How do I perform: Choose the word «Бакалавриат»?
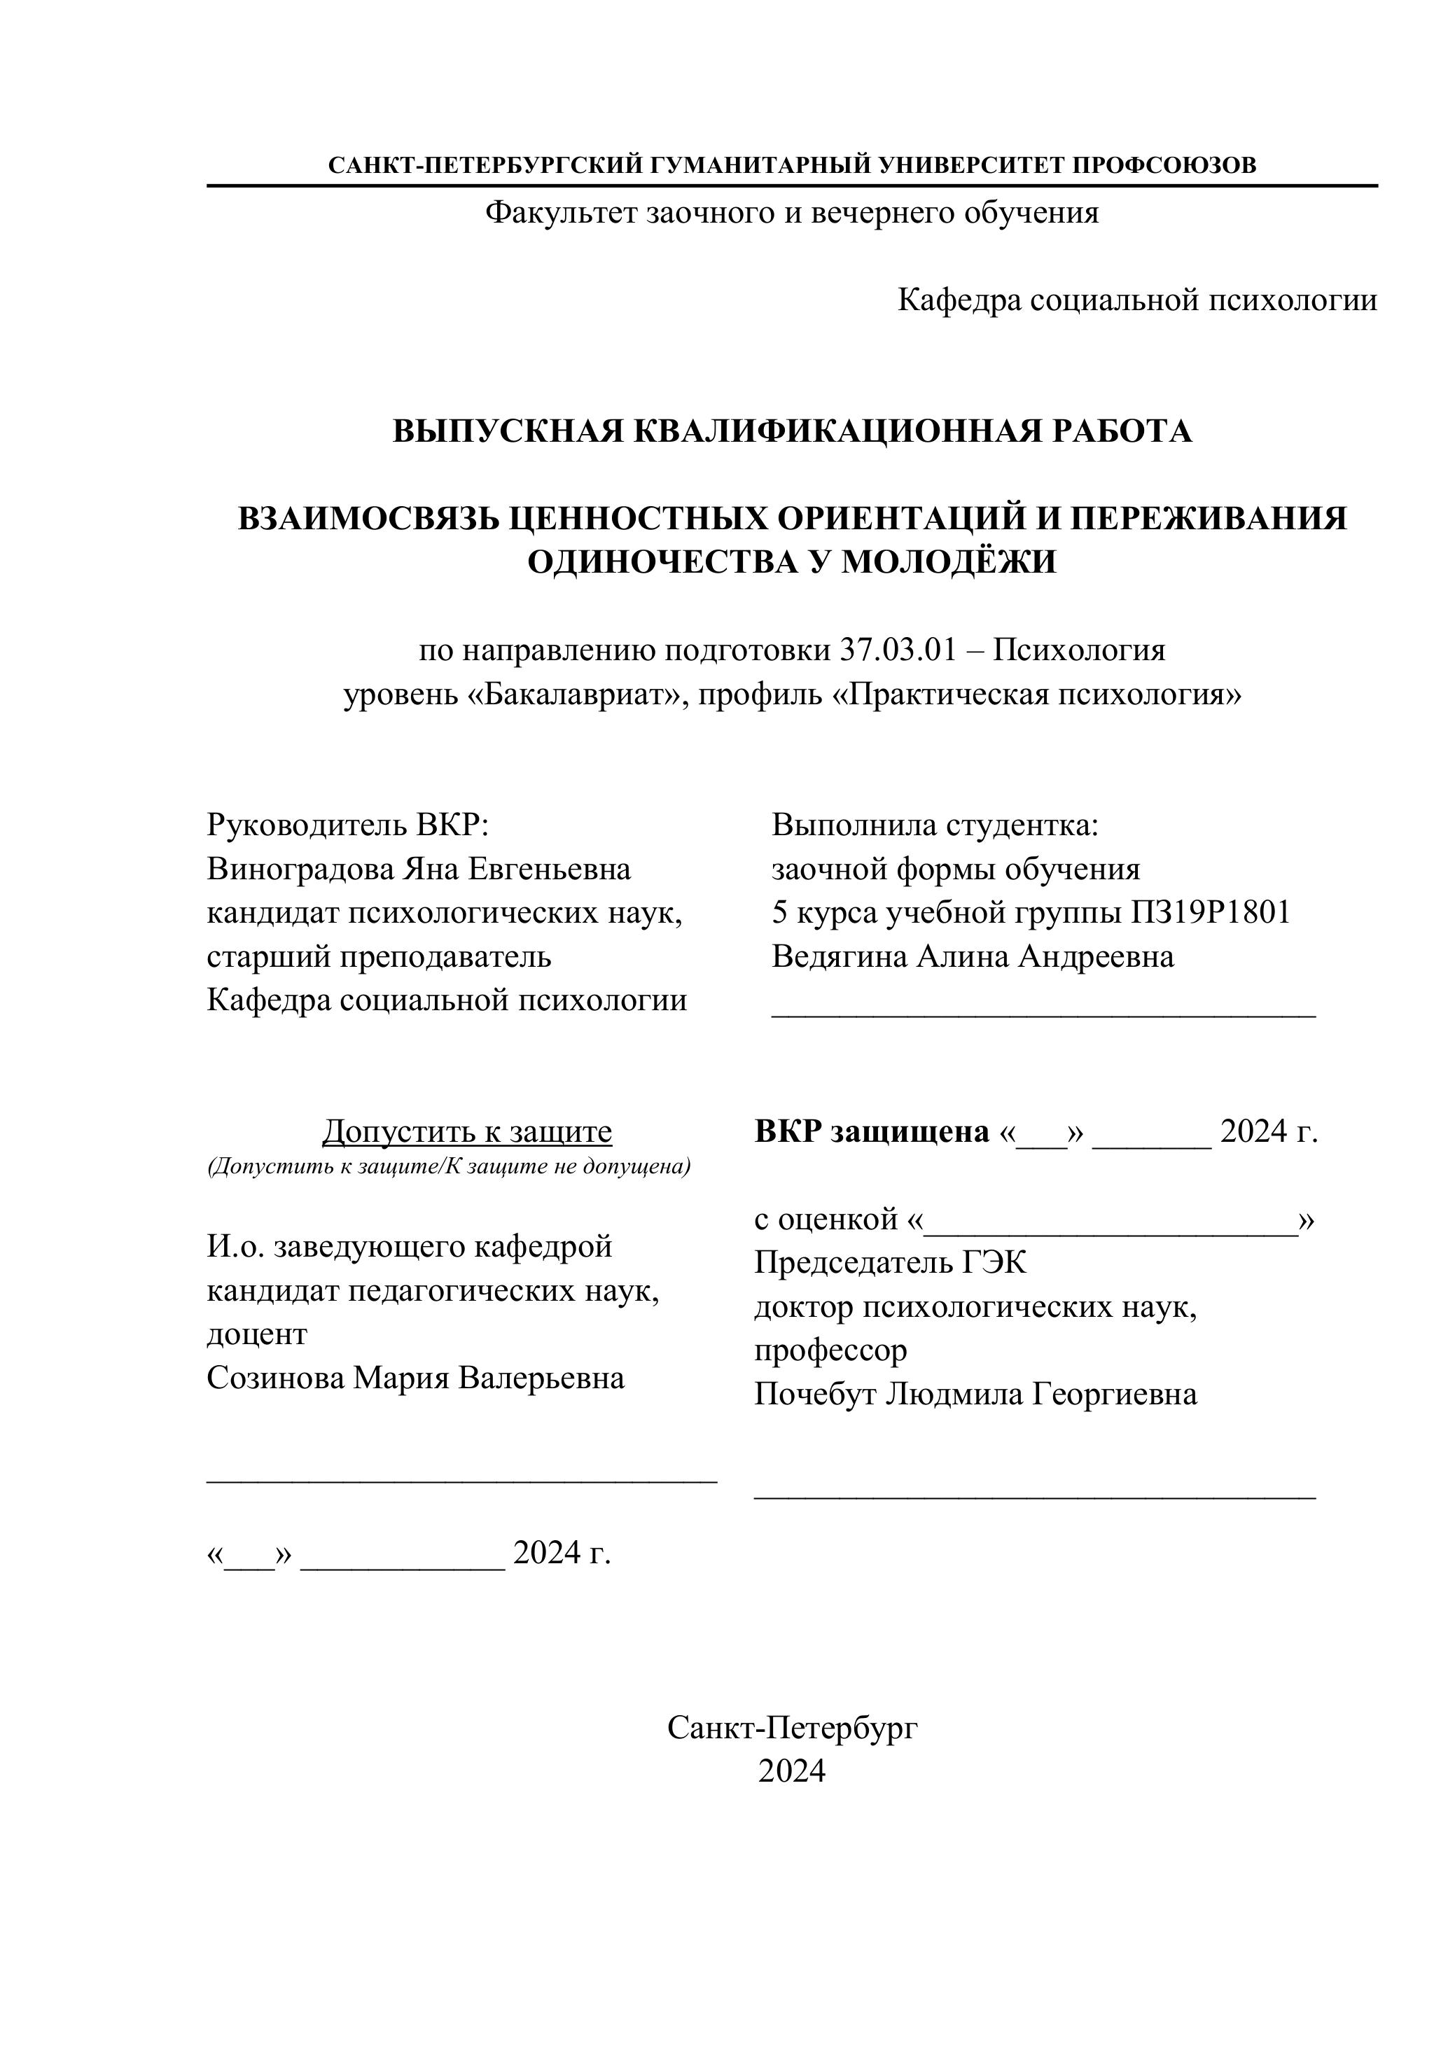tap(573, 694)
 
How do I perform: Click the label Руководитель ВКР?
tap(348, 825)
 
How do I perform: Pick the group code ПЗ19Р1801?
tap(1210, 912)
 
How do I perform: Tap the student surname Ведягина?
tap(840, 956)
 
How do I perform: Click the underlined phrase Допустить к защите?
tap(466, 1131)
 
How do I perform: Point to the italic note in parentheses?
tap(449, 1166)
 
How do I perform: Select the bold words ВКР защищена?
tap(871, 1131)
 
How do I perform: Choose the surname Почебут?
tap(815, 1394)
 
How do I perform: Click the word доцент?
tap(257, 1334)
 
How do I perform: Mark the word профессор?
tap(830, 1350)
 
